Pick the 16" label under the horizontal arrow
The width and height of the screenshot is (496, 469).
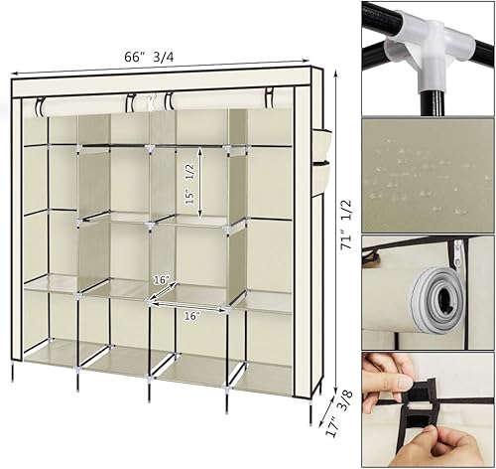[x=191, y=317]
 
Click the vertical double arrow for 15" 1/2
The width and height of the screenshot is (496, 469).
[x=200, y=182]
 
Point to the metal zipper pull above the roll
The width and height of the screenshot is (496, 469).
[x=457, y=254]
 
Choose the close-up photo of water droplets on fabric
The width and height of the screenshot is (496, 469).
[x=427, y=173]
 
